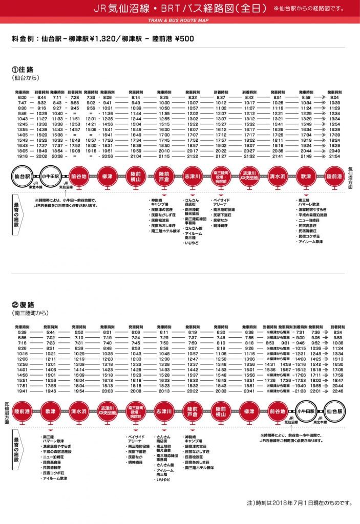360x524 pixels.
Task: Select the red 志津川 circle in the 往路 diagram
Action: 192,177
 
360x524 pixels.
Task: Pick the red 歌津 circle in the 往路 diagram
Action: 305,177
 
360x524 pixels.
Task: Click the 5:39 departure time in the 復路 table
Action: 22,332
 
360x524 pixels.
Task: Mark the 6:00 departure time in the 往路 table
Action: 22,97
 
